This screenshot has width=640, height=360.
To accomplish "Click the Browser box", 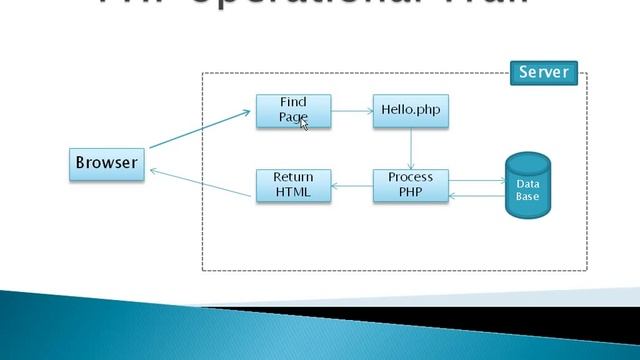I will pos(106,163).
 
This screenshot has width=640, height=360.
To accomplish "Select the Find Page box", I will pos(293,111).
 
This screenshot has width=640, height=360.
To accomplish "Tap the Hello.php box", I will pos(411,111).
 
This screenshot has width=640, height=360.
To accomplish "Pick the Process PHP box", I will pos(410,185).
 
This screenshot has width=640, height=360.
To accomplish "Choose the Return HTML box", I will pos(293,185).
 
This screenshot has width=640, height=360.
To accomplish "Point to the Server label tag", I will pos(543,72).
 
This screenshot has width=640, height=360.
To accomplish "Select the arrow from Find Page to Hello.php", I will pos(352,111).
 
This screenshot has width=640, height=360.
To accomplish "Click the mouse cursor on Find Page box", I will pos(304,123).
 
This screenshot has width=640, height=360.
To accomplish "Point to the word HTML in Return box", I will pos(293,192).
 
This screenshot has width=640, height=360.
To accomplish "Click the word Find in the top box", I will pos(293,103).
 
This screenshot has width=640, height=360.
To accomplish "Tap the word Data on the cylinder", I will pos(527,185).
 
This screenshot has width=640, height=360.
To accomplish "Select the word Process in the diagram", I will pos(410,178).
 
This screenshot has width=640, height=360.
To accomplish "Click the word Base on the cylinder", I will pos(527,197).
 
